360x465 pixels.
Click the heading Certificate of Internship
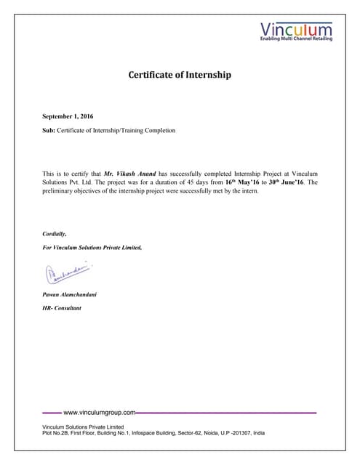tap(180, 74)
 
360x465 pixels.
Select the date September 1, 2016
tap(68, 116)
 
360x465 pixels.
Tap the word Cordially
tap(55, 234)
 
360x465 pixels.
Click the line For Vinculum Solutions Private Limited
tap(92, 248)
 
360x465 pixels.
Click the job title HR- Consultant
tap(62, 308)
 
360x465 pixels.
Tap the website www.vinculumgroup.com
tap(100, 412)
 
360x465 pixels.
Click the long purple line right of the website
tap(226, 412)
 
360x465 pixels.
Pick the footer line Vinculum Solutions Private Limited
tap(84, 426)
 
